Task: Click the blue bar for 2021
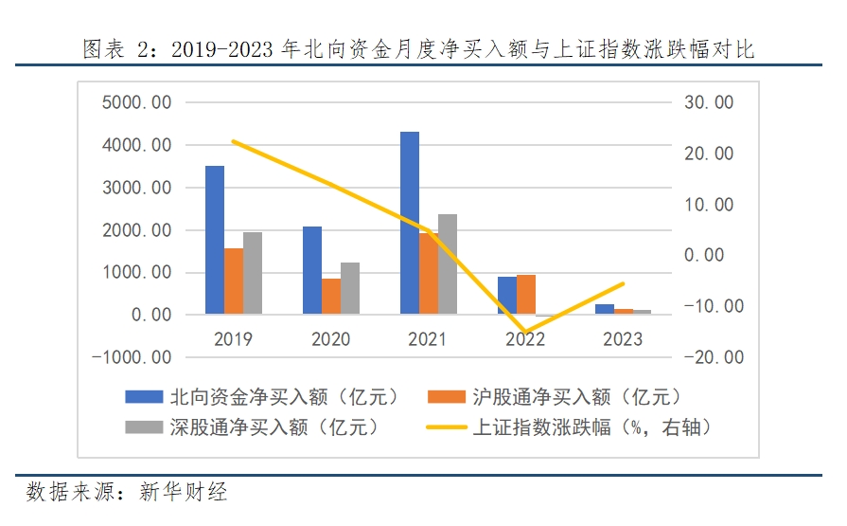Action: (409, 223)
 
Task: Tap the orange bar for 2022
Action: (525, 295)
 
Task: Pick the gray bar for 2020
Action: (350, 288)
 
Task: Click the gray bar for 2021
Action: (448, 264)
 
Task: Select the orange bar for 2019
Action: (234, 281)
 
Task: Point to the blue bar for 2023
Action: (604, 309)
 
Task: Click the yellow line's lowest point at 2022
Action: (525, 333)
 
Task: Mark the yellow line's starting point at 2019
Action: (234, 141)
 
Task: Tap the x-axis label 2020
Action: (330, 339)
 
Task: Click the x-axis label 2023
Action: (623, 339)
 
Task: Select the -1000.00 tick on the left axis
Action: (132, 357)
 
